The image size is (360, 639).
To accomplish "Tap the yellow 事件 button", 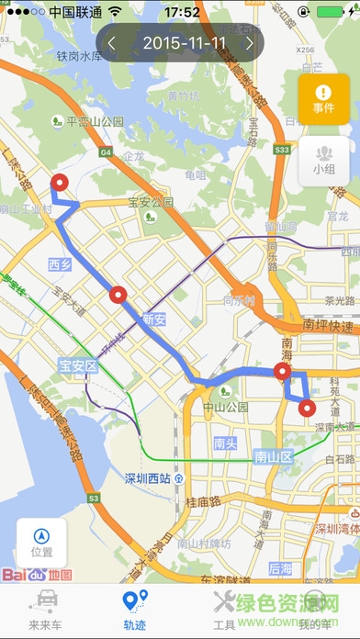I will (323, 99).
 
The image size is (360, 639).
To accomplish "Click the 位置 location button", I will (41, 543).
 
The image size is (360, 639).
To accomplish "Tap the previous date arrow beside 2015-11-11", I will (112, 43).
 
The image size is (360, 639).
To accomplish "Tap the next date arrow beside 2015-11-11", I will (249, 43).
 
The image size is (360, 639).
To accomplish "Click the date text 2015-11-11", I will (180, 43).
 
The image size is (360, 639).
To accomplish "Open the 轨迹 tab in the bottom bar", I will (135, 609).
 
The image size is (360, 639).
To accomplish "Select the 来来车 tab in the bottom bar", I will (44, 609).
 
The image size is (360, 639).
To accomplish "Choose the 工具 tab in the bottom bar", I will (224, 609).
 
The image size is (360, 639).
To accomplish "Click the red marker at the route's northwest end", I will (62, 184).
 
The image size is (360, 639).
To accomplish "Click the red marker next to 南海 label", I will (283, 372).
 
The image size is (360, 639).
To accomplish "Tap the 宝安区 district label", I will (78, 365).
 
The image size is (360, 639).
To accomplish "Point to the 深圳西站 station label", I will (148, 478).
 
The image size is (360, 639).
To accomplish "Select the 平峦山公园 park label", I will (93, 120).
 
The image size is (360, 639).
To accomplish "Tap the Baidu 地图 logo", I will (36, 574).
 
